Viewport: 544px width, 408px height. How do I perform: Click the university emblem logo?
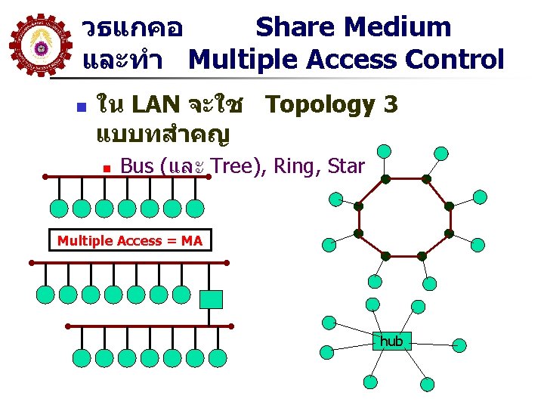pos(41,47)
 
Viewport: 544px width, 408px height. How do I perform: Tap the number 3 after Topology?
pos(390,104)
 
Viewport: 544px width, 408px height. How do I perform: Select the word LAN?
pos(155,105)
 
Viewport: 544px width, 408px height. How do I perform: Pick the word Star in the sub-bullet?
pos(347,165)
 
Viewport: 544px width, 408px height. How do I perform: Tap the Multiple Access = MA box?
pos(130,240)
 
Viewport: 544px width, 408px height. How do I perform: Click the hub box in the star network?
pos(391,342)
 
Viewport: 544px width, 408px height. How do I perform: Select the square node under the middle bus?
pos(211,299)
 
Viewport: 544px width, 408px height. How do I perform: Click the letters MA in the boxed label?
pos(192,240)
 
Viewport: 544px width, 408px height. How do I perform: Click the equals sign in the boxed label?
pos(172,240)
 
